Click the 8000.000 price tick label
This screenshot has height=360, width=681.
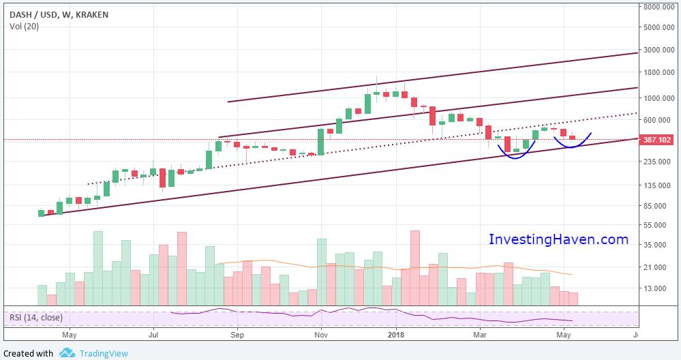tap(659, 7)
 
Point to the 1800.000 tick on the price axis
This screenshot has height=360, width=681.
tap(659, 72)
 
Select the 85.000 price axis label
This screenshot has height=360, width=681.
tap(659, 206)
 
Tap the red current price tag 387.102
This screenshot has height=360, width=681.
tap(658, 140)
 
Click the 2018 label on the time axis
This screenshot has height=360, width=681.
tap(397, 335)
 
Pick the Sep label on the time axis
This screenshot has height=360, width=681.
tap(237, 335)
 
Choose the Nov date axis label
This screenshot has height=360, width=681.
tap(321, 335)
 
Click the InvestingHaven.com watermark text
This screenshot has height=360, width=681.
tap(558, 239)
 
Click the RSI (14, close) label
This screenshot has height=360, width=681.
tap(35, 317)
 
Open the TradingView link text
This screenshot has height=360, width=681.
tap(104, 353)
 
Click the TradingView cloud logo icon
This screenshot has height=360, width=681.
tap(67, 352)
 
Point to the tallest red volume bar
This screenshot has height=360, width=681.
tap(415, 267)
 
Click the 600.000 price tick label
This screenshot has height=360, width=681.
tap(659, 120)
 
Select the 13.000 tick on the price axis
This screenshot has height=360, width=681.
tap(659, 288)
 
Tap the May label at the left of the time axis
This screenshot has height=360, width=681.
tap(69, 335)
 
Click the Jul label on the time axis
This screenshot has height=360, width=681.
tap(153, 335)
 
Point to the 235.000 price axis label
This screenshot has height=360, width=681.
tap(659, 162)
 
